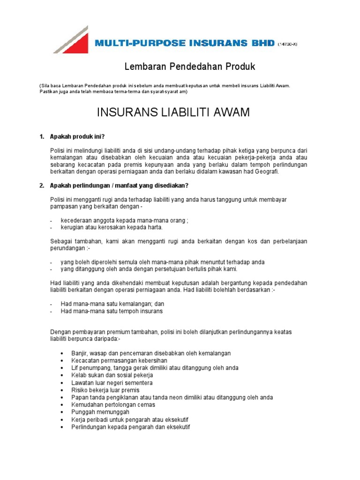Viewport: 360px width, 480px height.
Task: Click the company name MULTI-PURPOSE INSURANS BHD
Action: [x=184, y=44]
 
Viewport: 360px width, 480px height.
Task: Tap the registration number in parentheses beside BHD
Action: [x=287, y=45]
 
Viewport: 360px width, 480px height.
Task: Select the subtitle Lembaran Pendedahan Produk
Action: [x=189, y=67]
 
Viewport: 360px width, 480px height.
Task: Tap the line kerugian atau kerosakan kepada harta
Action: [x=112, y=227]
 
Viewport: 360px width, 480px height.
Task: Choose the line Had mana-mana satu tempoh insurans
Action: [x=112, y=311]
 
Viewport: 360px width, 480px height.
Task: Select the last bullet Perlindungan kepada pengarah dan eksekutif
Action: [x=131, y=427]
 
